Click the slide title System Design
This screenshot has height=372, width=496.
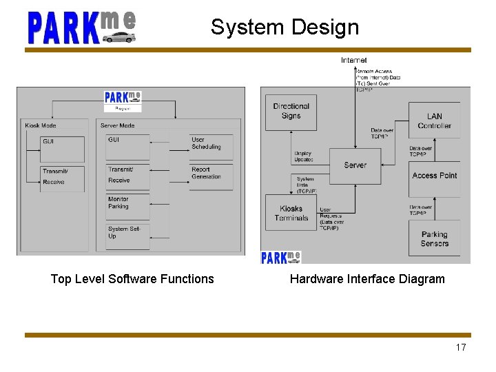(x=285, y=27)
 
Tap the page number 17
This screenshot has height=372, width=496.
(x=461, y=347)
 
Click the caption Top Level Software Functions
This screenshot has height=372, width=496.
(x=132, y=279)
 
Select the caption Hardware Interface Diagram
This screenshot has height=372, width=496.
(x=367, y=279)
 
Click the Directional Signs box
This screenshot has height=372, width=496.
(x=291, y=112)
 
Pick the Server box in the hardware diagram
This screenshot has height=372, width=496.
(x=355, y=165)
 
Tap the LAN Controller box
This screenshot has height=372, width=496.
(x=434, y=121)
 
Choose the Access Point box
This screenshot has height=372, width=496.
(x=434, y=176)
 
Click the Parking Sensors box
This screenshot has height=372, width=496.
(x=434, y=238)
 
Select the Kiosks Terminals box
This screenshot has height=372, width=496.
(x=291, y=213)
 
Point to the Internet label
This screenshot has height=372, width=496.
(x=354, y=61)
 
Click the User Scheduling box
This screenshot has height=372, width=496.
(x=211, y=146)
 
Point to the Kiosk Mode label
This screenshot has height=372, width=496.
(x=41, y=125)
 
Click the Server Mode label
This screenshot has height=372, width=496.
(x=118, y=125)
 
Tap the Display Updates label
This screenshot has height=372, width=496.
(x=304, y=156)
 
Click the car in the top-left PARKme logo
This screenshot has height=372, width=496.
(x=119, y=37)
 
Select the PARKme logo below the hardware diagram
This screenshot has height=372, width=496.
(x=281, y=257)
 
